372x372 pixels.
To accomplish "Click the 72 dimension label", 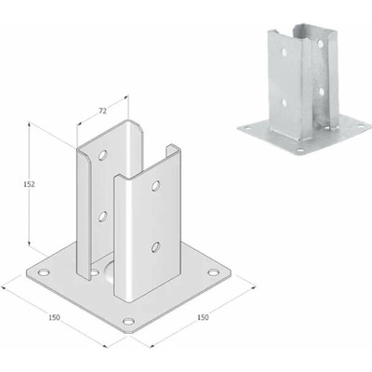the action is (x=102, y=111).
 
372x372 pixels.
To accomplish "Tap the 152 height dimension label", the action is (x=29, y=184).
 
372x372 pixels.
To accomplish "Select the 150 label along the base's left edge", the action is (x=54, y=317).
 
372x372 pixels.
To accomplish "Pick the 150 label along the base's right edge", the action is (x=203, y=317).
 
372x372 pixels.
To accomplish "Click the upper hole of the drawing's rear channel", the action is (x=102, y=154).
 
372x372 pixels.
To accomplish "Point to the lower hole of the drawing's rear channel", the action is (x=102, y=216).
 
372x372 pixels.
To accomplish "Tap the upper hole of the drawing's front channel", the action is (x=155, y=185).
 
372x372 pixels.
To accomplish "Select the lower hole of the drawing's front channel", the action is (x=155, y=246).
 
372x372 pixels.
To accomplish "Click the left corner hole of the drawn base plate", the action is (x=44, y=272).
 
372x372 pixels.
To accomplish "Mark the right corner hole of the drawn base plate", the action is (x=213, y=272).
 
